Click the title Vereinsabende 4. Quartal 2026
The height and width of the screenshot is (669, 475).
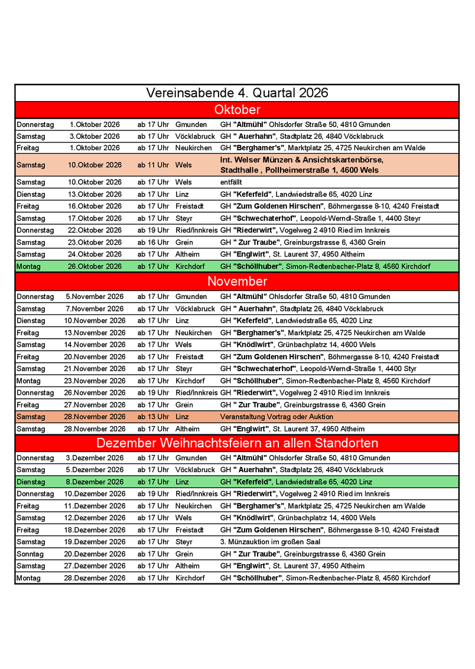point(237,93)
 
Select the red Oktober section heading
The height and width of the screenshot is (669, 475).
point(237,110)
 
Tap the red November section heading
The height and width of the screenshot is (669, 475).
point(237,281)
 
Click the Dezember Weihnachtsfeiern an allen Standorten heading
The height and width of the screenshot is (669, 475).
point(237,443)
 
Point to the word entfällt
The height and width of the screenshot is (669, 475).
point(231,182)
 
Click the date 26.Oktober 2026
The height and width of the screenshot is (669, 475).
point(95,267)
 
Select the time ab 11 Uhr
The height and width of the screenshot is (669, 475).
point(153,165)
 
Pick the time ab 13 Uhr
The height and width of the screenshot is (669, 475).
point(153,417)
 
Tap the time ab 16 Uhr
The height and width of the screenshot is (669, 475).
point(153,242)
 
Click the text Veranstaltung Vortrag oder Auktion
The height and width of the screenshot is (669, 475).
point(276,417)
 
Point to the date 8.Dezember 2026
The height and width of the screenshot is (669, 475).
point(95,482)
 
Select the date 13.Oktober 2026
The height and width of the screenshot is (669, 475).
point(95,194)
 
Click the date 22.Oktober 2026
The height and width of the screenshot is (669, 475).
point(95,230)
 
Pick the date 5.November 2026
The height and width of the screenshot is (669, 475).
point(95,297)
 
